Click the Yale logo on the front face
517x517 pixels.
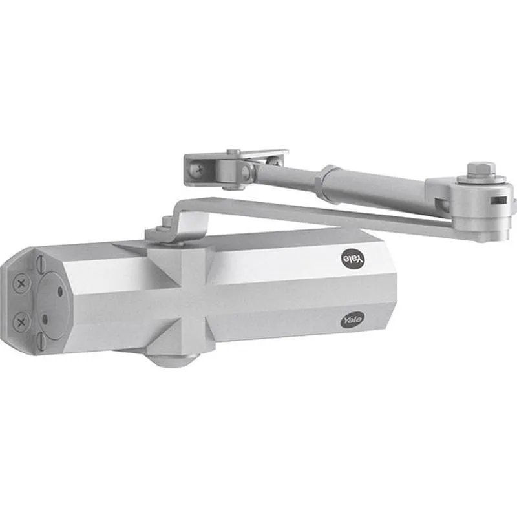pyautogui.click(x=352, y=320)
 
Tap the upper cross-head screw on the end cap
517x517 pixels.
pyautogui.click(x=21, y=282)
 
